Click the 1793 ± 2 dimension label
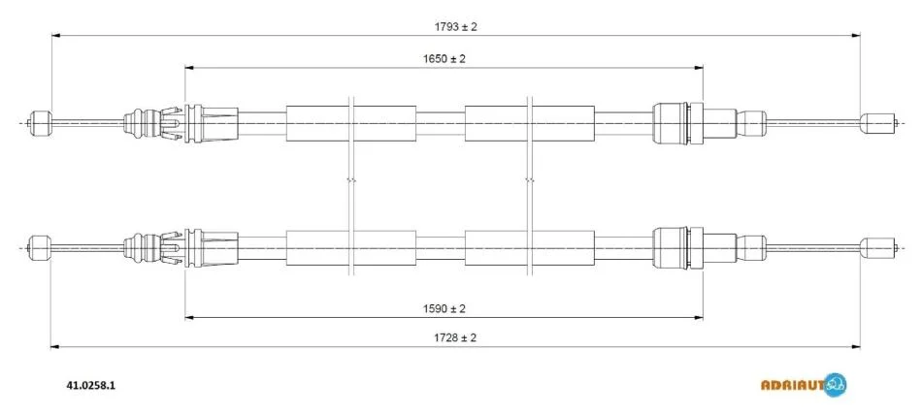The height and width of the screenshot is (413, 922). pos(455,26)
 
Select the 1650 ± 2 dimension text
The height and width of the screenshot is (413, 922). pos(444,59)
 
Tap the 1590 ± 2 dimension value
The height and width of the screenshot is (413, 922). pos(444,308)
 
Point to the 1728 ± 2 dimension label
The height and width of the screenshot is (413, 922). pos(454,337)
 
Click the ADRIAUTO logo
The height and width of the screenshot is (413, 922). pos(804,385)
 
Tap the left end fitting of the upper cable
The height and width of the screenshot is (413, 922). pos(41,123)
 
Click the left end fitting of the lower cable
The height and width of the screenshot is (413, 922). pos(41,248)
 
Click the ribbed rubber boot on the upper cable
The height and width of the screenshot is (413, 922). pos(142,123)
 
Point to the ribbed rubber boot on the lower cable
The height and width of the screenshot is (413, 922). pos(142,248)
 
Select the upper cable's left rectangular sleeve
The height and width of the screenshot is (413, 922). pos(351,123)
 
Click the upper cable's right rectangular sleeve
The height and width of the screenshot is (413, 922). pos(529,123)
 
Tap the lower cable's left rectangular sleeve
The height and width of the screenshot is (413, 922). pos(351,248)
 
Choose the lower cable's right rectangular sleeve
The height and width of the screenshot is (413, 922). pos(529,248)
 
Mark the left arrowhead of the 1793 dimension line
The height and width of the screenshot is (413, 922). pos(56,36)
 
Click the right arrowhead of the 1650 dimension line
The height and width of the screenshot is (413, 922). pos(699,68)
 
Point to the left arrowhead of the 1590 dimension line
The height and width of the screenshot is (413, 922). pos(189,318)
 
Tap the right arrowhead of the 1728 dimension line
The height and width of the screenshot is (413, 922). pos(856,347)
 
